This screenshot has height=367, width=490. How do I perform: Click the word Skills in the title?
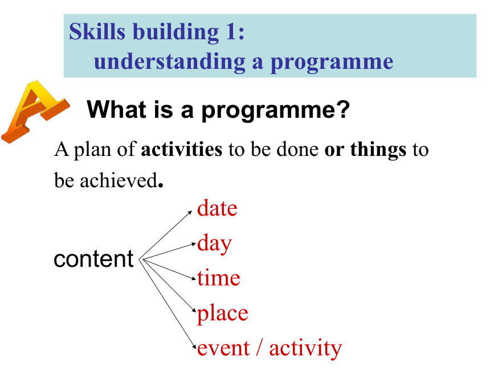coord(97,31)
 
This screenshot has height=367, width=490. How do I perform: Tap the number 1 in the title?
coord(231,31)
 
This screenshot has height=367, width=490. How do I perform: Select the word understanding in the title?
coord(169,62)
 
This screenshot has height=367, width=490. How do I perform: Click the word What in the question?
coord(116,109)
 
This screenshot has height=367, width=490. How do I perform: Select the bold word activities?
coord(182,149)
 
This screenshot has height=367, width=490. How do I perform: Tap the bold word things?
coord(378,150)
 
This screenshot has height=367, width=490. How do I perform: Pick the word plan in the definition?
coord(92,150)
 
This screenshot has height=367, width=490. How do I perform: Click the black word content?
coord(93,259)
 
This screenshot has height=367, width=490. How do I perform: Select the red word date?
coord(217,208)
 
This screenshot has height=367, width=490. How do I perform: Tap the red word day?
coord(214,244)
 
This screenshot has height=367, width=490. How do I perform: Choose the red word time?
coord(219,278)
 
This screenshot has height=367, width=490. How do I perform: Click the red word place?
coord(223,314)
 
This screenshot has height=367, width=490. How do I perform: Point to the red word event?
coord(223,348)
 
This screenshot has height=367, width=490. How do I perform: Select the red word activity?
coord(305,349)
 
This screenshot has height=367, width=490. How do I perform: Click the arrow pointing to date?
coord(166,235)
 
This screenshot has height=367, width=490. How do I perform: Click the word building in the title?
coord(175,32)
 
